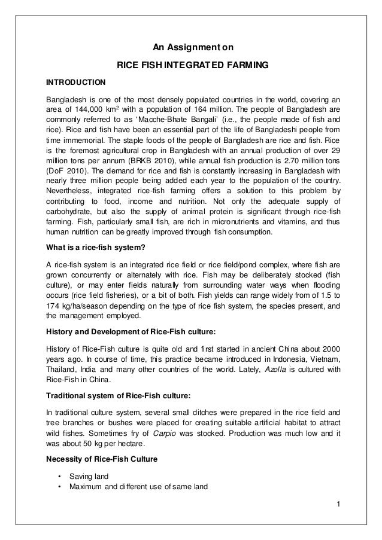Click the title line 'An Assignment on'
191,47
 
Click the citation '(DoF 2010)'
66,172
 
